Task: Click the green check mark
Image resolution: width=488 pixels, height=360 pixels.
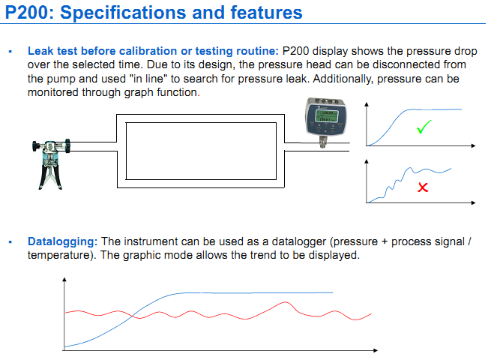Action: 424,127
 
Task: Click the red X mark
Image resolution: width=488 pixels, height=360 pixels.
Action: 423,187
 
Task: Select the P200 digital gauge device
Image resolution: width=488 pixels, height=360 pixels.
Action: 326,122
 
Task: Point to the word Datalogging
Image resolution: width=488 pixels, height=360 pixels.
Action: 62,241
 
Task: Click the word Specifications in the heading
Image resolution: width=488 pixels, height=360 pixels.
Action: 124,13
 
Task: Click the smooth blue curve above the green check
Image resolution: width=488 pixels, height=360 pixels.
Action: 415,127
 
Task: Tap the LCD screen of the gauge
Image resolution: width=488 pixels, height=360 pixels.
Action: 327,115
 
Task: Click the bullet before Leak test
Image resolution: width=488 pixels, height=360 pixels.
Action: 10,52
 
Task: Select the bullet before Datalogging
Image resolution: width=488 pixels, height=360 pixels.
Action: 10,242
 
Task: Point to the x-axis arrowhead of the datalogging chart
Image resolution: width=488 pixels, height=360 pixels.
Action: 376,350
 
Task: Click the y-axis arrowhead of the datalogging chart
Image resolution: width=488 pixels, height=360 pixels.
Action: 64,279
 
